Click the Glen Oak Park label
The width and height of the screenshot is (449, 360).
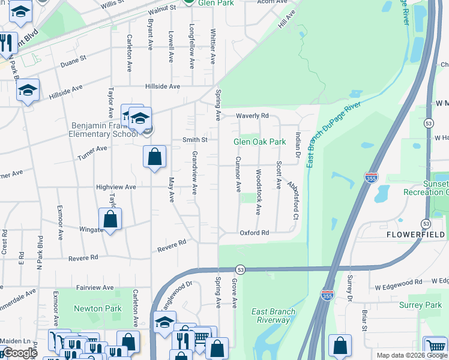259,142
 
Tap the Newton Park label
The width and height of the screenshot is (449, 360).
97,308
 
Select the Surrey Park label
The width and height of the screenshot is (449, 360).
420,305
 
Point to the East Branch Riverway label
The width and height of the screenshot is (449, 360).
273,316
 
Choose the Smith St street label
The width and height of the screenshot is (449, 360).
194,140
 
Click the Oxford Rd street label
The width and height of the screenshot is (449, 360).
253,233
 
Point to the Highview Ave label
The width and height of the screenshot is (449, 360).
116,187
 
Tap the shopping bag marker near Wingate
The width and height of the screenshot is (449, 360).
110,220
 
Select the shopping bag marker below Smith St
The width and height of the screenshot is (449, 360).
154,157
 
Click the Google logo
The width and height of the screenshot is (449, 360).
20,353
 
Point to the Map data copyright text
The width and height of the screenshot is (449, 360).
411,355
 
